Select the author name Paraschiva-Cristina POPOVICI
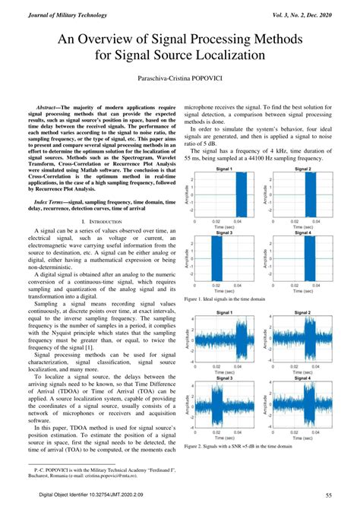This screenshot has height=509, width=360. (x=180, y=79)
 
